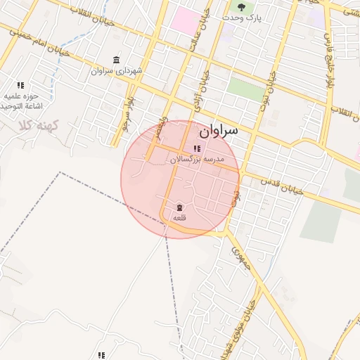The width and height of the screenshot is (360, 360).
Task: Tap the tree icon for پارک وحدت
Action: [x=242, y=6]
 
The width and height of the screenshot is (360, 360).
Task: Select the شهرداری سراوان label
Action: [x=117, y=71]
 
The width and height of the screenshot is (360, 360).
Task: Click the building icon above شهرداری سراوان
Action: [x=116, y=60]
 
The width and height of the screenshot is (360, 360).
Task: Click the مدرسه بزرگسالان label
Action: [x=197, y=160]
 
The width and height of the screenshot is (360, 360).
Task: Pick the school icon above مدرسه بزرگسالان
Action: [x=196, y=148]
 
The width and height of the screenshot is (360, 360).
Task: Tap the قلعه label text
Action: [x=179, y=218]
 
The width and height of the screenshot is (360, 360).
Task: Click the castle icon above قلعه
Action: [x=179, y=207]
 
